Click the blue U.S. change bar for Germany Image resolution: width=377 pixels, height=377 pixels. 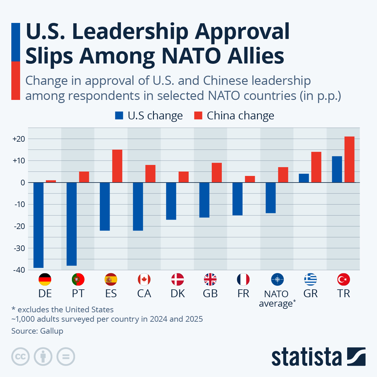click(x=38, y=225)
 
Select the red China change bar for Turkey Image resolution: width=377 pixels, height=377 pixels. click(x=349, y=160)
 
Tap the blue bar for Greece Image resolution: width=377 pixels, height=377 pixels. click(x=304, y=178)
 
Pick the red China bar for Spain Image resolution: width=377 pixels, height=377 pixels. click(x=117, y=166)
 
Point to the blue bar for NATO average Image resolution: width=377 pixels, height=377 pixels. click(x=270, y=198)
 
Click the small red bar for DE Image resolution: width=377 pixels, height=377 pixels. click(x=51, y=181)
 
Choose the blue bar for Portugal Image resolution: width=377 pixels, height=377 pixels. click(x=72, y=224)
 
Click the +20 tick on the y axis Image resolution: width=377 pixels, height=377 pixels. click(x=19, y=139)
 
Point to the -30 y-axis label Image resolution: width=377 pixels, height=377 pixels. click(x=19, y=248)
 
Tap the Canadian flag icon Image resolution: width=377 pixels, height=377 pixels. click(x=144, y=279)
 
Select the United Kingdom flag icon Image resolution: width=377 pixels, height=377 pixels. click(x=210, y=279)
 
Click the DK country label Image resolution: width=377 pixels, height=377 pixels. click(x=178, y=293)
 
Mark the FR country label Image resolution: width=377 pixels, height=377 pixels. click(x=243, y=293)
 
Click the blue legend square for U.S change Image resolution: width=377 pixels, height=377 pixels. click(x=119, y=116)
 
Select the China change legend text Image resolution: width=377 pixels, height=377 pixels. click(x=240, y=116)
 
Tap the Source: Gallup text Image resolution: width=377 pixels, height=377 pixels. click(x=37, y=331)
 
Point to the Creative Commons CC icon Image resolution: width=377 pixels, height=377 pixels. click(x=20, y=357)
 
